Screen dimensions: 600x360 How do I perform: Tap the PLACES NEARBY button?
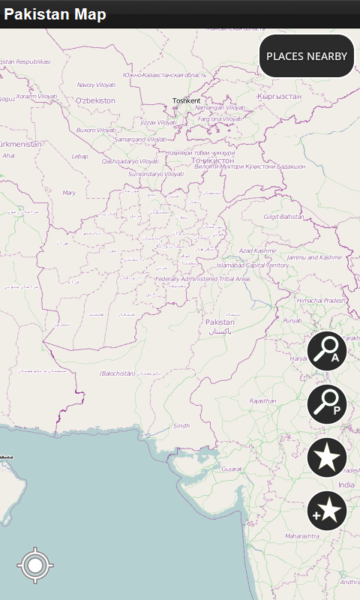click(x=306, y=56)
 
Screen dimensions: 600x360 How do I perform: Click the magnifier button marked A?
click(x=327, y=351)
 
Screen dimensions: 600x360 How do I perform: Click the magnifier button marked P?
click(x=327, y=404)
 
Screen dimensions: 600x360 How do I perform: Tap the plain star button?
click(x=327, y=457)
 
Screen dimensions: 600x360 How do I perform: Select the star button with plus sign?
click(x=327, y=511)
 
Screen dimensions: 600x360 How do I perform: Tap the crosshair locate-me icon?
click(x=35, y=565)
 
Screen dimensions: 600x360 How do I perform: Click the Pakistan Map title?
click(x=55, y=14)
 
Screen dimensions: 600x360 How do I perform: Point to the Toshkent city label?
click(x=186, y=100)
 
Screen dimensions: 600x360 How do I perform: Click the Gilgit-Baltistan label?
click(x=283, y=216)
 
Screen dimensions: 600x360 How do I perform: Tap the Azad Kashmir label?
click(x=257, y=250)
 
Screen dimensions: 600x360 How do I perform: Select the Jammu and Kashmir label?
click(x=314, y=257)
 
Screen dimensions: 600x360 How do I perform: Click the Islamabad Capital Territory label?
click(x=252, y=265)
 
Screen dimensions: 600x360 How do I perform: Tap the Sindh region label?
click(x=181, y=425)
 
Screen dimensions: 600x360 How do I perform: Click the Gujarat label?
click(x=232, y=469)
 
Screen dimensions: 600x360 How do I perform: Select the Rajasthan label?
click(x=263, y=401)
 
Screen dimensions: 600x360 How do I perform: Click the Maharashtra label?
click(x=302, y=536)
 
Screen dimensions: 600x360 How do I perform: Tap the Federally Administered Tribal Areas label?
click(x=202, y=279)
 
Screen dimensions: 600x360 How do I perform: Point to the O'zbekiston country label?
click(x=96, y=100)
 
